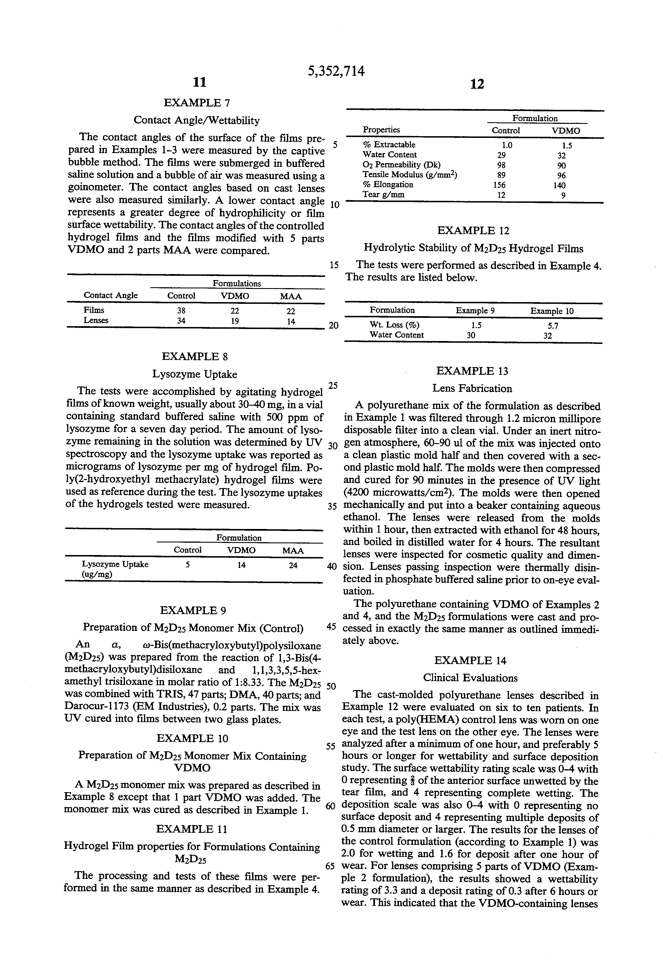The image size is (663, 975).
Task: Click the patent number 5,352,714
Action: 336,71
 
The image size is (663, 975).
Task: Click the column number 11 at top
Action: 199,82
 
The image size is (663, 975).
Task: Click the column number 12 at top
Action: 477,84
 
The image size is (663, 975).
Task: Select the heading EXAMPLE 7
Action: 197,103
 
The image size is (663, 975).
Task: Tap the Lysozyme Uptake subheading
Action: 194,374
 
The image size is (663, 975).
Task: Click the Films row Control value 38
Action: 181,311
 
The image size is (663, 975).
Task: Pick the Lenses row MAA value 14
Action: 291,322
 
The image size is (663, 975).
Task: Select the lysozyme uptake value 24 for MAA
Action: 293,565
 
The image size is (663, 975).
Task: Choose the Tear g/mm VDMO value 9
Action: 563,195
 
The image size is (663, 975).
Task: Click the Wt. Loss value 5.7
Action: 553,326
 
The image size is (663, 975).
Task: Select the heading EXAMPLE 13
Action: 472,371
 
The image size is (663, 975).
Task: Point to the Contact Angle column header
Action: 111,295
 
